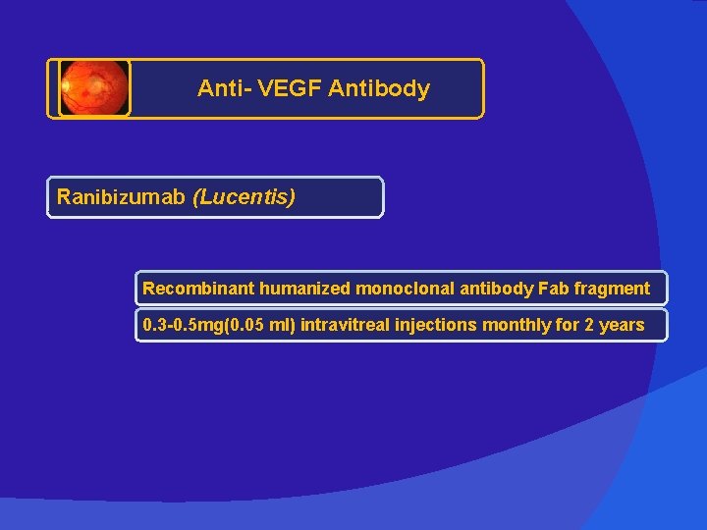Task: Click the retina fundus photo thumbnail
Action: pyautogui.click(x=94, y=88)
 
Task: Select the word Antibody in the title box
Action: pyautogui.click(x=379, y=88)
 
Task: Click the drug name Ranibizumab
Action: pyautogui.click(x=122, y=197)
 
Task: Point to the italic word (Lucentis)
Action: pyautogui.click(x=245, y=197)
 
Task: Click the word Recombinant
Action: pyautogui.click(x=198, y=289)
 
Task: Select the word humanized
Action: pyautogui.click(x=304, y=289)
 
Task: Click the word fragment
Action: pyautogui.click(x=613, y=289)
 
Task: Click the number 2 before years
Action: pyautogui.click(x=589, y=325)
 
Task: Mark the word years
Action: pyautogui.click(x=622, y=325)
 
